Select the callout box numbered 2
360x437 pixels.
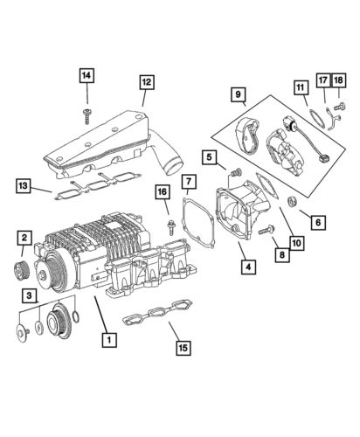click(x=25, y=238)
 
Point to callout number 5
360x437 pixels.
click(x=209, y=157)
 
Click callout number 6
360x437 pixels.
click(x=317, y=222)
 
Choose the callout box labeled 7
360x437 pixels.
click(x=189, y=183)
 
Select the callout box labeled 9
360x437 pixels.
click(x=237, y=94)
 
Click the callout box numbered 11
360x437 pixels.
click(x=301, y=87)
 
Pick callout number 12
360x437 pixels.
click(x=146, y=83)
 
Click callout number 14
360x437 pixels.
click(x=87, y=76)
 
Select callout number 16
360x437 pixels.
click(x=163, y=192)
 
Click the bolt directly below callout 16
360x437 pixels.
click(x=165, y=226)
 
